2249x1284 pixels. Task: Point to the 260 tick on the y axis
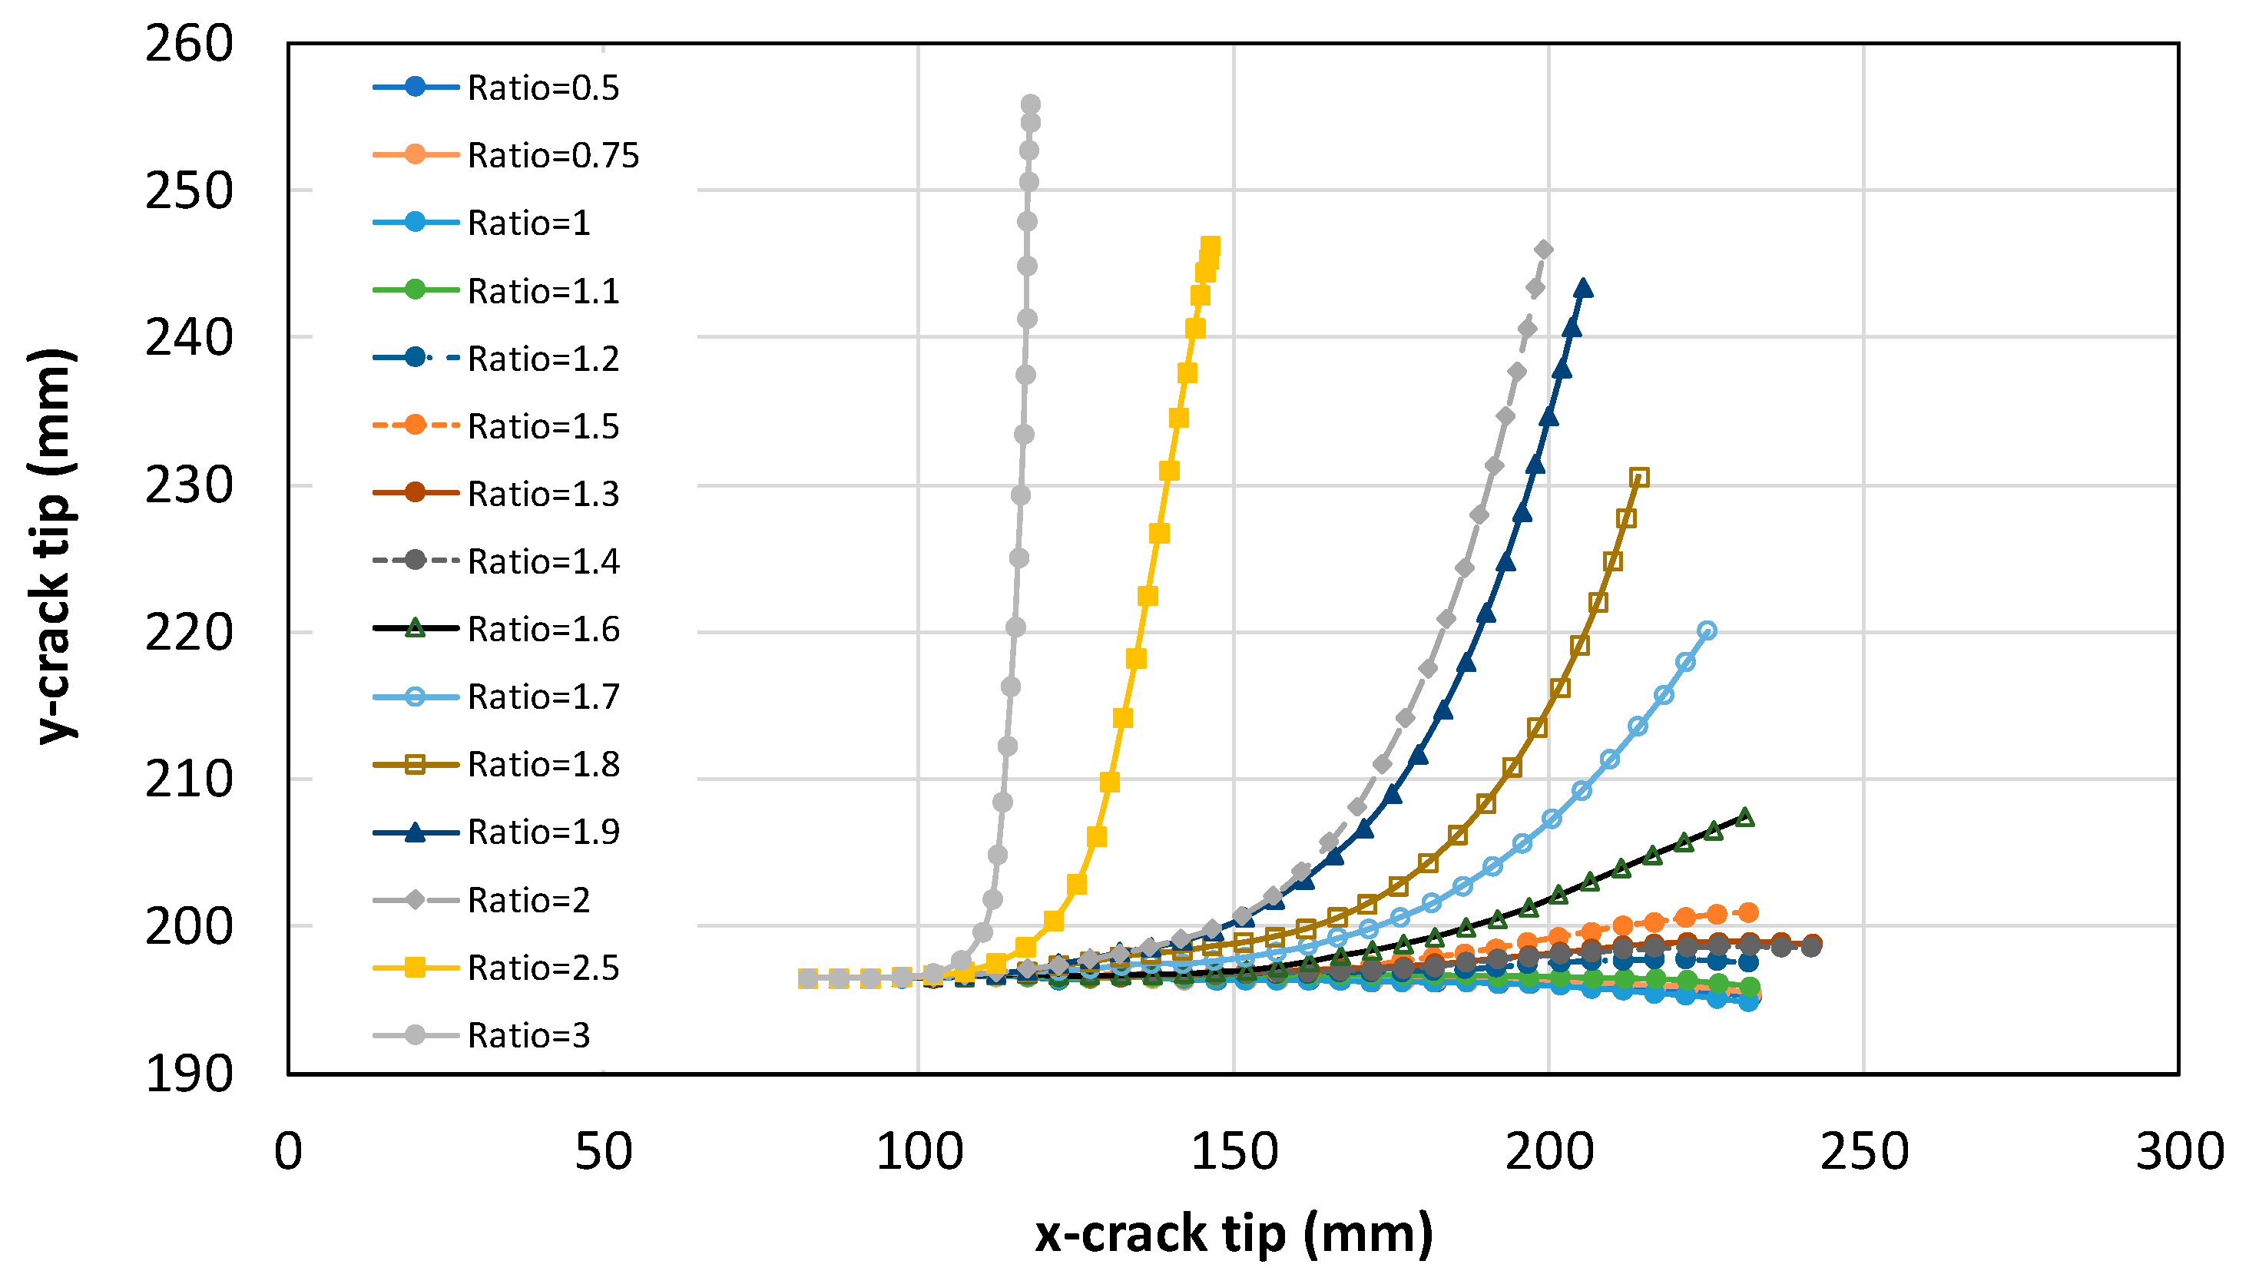coord(189,43)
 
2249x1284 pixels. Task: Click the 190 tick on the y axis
coord(189,1074)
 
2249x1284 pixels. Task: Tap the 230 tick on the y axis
coord(189,485)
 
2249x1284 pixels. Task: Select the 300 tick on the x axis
coord(2179,1151)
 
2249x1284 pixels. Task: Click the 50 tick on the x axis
coord(603,1151)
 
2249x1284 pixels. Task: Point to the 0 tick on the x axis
coord(288,1151)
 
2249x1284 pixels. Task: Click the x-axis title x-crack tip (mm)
coord(1233,1232)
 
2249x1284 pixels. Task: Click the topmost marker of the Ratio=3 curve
coord(1030,104)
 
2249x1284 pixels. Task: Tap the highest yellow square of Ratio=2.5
coord(1211,244)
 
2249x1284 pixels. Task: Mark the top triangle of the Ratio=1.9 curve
coord(1583,287)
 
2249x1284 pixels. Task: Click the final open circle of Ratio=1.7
coord(1707,630)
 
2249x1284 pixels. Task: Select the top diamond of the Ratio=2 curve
coord(1543,250)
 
